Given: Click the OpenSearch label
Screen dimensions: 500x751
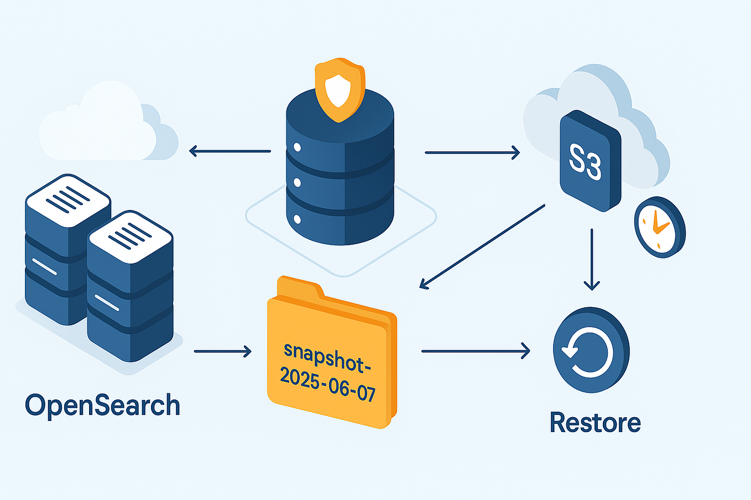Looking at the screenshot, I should (x=103, y=406).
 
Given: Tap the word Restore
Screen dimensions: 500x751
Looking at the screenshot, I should (x=595, y=423).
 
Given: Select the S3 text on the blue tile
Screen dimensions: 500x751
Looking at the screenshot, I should (x=585, y=162).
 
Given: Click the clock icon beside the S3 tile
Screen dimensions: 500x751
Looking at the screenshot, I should (x=659, y=227).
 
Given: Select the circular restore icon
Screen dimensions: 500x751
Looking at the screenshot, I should (x=591, y=350).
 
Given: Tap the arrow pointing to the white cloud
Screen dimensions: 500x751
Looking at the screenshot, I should (x=230, y=151).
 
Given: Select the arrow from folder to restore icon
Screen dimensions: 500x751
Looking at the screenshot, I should (x=475, y=351).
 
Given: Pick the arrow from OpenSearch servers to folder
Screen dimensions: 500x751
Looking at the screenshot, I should (x=222, y=351).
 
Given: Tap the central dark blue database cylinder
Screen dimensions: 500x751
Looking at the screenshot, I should (x=340, y=177).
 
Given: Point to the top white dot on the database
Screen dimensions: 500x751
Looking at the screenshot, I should (x=297, y=148).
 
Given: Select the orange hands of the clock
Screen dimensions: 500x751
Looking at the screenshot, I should (x=659, y=224).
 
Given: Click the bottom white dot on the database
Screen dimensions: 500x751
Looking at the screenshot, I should (x=297, y=218).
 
